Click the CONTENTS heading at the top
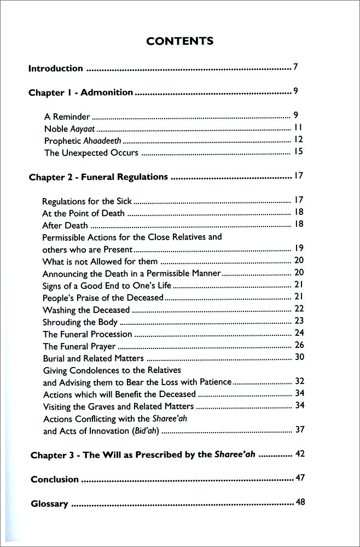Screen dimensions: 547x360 click(179, 41)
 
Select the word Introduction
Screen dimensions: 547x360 click(56, 69)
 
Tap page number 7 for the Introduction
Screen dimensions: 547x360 click(295, 68)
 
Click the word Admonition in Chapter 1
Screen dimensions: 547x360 click(107, 92)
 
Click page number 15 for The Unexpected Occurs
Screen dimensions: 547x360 click(298, 152)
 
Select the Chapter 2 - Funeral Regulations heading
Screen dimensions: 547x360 click(98, 177)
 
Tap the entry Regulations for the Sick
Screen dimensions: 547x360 click(87, 201)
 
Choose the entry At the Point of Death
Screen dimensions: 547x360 click(83, 213)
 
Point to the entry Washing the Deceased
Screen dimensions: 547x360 click(86, 310)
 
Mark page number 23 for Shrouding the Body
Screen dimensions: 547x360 click(299, 321)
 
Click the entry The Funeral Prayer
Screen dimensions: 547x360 click(79, 346)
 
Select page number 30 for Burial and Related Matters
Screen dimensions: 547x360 click(299, 358)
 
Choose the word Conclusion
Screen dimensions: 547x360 click(55, 480)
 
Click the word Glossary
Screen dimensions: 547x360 click(50, 504)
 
